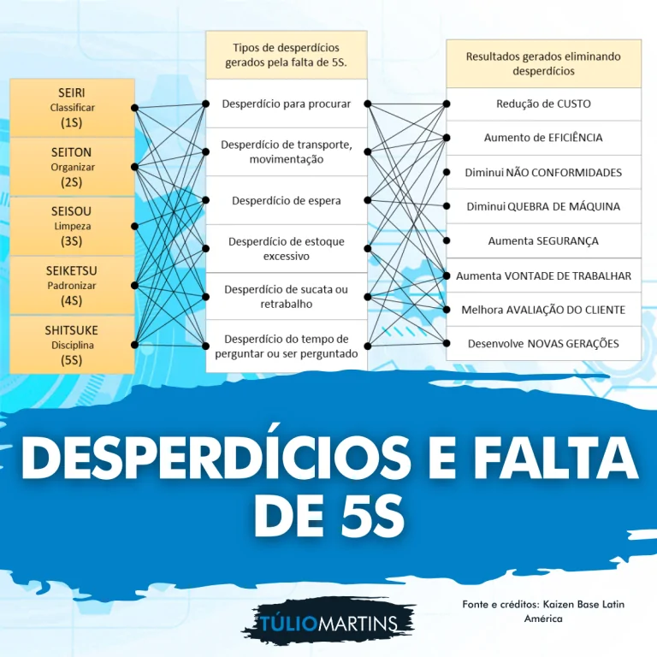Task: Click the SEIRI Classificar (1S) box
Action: coord(72,108)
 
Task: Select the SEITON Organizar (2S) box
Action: coord(72,167)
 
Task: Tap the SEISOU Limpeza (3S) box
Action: coord(72,226)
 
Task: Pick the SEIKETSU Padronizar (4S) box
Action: coord(72,286)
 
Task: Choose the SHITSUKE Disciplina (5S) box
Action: coord(72,345)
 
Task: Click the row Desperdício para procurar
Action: coord(287,104)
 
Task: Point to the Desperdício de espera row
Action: coord(287,200)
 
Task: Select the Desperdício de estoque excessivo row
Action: coord(287,248)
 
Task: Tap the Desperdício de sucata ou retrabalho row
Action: coord(287,296)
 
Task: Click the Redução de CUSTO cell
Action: coord(543,104)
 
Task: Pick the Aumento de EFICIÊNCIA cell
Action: coord(543,138)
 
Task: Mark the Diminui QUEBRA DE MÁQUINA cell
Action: coord(543,206)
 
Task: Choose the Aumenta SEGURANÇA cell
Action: coord(543,241)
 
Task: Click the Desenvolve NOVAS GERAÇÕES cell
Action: coord(543,344)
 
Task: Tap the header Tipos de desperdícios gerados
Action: coord(287,55)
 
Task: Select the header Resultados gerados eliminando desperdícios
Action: coord(543,63)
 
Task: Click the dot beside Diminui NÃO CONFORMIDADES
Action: coord(447,172)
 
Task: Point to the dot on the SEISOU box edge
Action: coord(134,226)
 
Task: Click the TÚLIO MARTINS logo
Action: coord(328,622)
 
